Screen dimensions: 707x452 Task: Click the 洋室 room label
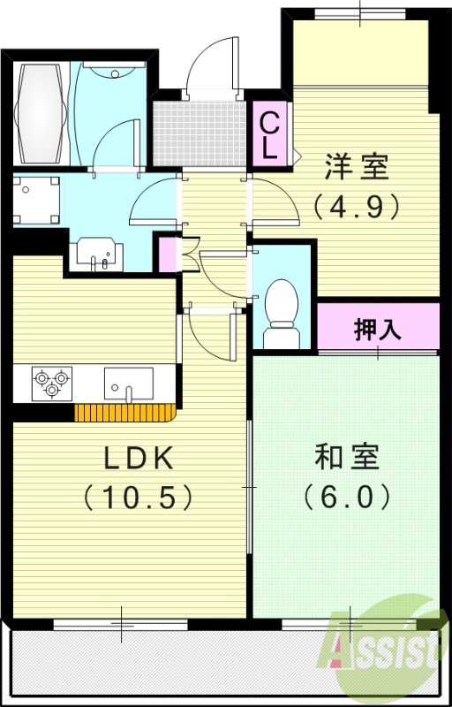[357, 165]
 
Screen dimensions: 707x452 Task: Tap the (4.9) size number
[357, 206]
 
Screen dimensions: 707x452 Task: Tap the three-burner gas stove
[50, 383]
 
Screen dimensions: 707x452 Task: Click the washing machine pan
[36, 199]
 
